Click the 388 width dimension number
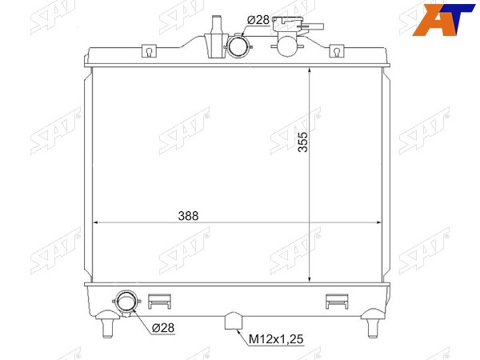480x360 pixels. click(x=188, y=216)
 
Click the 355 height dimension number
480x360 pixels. click(x=303, y=142)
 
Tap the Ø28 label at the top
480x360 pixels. click(x=258, y=20)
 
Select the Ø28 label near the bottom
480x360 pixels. click(x=163, y=328)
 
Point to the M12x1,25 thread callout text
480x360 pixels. click(x=276, y=339)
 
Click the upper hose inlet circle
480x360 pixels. click(x=238, y=46)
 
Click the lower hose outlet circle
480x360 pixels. click(x=126, y=301)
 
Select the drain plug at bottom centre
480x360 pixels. click(x=234, y=321)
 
